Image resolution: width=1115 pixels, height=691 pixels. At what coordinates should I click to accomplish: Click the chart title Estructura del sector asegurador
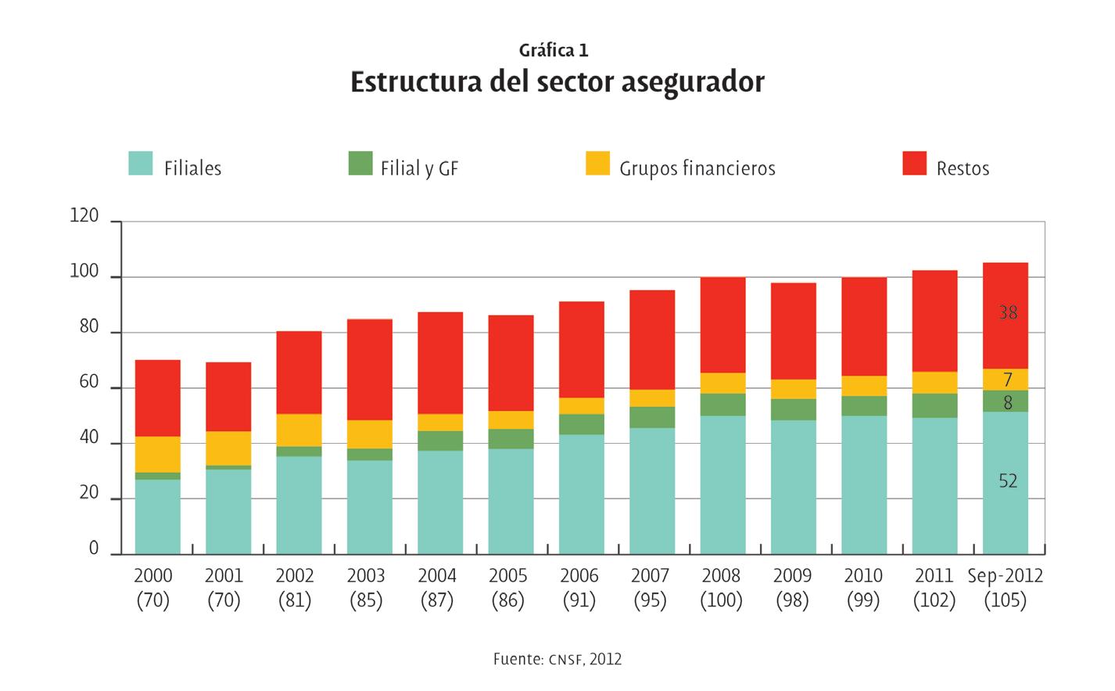557,82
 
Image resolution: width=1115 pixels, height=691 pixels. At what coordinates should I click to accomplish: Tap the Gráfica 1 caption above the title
554,51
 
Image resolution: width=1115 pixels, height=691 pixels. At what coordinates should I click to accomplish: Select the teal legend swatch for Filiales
141,164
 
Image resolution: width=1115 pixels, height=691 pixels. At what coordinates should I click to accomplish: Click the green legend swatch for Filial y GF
360,164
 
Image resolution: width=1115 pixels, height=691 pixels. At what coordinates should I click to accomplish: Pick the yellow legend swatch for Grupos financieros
597,164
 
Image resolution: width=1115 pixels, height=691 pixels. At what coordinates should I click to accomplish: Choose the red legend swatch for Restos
914,164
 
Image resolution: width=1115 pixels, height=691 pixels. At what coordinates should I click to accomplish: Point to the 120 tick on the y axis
84,216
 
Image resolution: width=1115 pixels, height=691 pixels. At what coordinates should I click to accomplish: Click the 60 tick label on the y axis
88,383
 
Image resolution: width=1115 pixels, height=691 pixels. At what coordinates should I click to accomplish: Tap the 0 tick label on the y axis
94,549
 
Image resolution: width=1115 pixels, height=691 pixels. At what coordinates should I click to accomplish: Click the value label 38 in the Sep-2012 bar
1008,313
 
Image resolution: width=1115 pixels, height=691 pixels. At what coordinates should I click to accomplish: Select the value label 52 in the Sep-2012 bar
1008,481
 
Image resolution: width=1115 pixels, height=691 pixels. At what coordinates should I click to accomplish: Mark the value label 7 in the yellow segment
1008,380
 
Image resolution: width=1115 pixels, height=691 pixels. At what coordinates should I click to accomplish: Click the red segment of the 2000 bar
158,398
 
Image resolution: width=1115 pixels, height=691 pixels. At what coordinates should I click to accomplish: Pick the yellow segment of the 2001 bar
228,448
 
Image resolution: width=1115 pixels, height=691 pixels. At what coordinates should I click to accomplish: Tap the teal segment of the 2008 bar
722,484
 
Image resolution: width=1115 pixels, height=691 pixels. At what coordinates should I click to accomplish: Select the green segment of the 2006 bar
581,424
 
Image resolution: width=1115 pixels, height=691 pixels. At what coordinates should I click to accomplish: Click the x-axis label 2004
437,576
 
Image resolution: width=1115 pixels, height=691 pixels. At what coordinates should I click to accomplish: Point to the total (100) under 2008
721,601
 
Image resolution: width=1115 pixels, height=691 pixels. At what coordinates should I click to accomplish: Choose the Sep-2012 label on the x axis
1006,576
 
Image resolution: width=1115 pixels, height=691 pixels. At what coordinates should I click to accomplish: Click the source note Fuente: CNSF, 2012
557,659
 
